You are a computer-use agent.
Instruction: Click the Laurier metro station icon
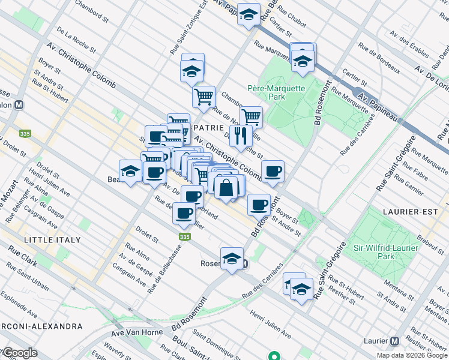click(x=394, y=341)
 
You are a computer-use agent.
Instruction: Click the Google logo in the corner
click(x=20, y=353)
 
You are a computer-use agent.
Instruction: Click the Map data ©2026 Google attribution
click(x=411, y=355)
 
